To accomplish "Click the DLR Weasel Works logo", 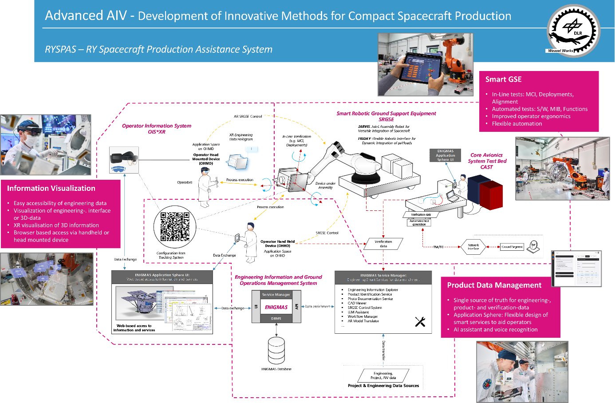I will point(573,31).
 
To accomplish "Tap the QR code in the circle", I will point(175,227).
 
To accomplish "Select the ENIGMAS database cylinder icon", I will point(276,350).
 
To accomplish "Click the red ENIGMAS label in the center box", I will point(276,307).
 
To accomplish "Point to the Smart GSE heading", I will point(503,79).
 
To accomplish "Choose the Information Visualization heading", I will point(51,188).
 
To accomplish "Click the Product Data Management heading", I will point(494,285).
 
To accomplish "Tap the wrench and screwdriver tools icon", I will point(420,322).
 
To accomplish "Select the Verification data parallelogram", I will point(383,244).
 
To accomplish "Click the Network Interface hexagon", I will point(473,247).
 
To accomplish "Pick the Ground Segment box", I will point(512,247).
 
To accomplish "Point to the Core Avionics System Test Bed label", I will point(487,161).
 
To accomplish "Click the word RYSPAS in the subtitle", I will point(61,49).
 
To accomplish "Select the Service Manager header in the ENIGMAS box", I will point(276,295).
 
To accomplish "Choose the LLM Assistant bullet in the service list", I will point(358,312).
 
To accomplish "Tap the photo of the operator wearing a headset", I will point(46,145).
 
